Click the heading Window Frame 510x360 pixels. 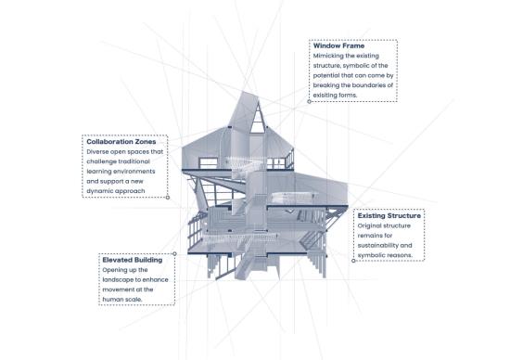click(338, 45)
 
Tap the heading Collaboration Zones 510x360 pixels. click(121, 142)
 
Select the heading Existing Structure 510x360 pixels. click(389, 215)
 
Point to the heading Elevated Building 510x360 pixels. click(132, 260)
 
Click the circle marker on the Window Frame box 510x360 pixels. click(310, 101)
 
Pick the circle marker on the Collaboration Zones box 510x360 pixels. click(168, 198)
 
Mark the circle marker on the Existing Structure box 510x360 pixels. click(353, 261)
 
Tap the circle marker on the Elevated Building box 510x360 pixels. click(174, 254)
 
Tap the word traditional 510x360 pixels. click(134, 161)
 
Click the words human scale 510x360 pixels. click(122, 300)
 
